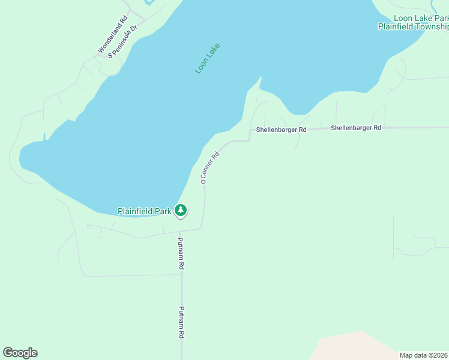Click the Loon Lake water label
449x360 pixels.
click(208, 58)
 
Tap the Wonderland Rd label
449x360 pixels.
click(113, 34)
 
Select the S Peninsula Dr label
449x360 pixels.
click(123, 41)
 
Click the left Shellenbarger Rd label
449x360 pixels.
click(281, 130)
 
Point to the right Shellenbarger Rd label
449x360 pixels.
click(356, 128)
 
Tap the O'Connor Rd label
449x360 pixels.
click(210, 167)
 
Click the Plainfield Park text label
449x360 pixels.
click(144, 211)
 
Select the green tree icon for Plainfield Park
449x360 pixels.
click(181, 211)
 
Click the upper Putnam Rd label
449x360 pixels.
click(181, 253)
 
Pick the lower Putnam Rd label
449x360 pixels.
click(181, 323)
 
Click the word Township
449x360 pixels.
click(431, 27)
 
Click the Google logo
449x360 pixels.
click(20, 353)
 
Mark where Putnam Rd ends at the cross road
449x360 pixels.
click(180, 231)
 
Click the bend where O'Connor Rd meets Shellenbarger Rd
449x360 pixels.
click(249, 140)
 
